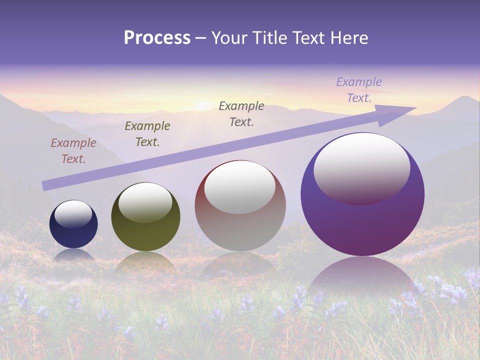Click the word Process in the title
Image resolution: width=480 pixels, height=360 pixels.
[157, 38]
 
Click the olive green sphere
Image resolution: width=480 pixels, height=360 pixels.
[145, 235]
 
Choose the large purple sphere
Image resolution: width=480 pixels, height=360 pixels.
[362, 225]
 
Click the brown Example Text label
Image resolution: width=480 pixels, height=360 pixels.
[73, 151]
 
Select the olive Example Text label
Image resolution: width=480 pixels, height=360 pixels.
[147, 134]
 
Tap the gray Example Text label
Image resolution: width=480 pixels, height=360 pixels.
[241, 114]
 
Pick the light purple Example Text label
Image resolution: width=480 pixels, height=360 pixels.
[359, 90]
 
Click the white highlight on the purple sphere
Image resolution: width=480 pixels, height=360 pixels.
[362, 169]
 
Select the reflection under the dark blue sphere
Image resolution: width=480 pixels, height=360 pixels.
[73, 255]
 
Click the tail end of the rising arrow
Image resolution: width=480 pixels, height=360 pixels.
[46, 185]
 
